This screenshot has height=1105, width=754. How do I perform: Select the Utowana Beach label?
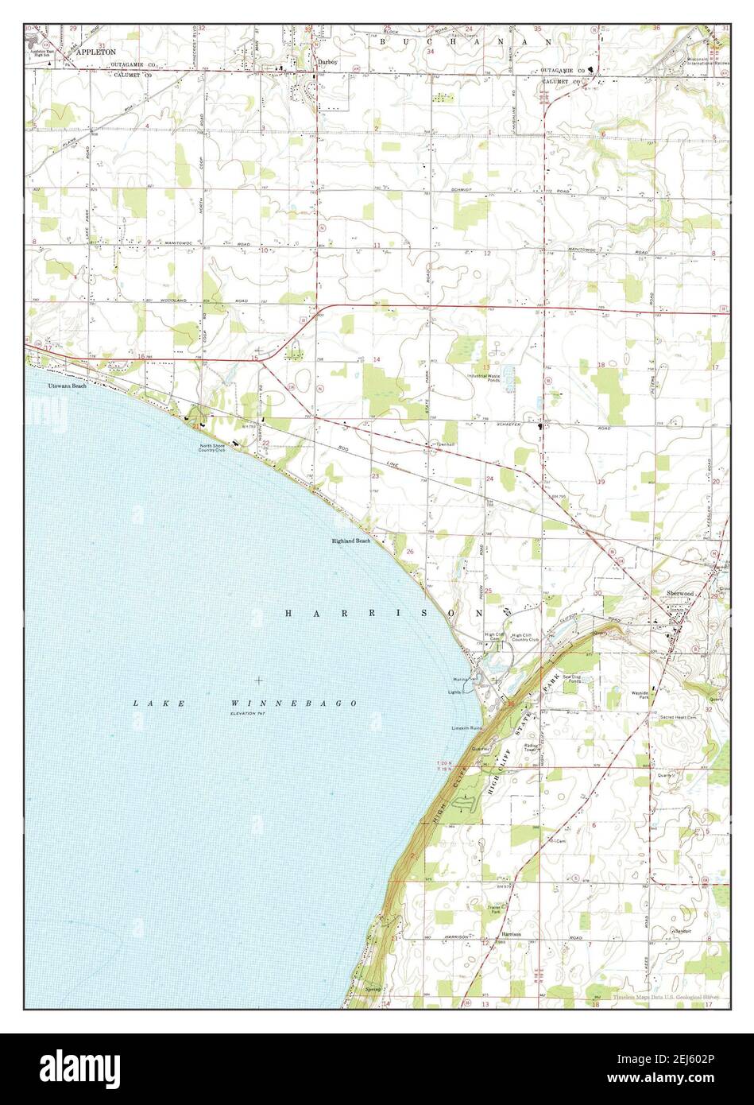point(67,386)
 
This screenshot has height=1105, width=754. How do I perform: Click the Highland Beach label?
point(351,541)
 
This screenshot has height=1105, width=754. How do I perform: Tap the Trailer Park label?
point(498,909)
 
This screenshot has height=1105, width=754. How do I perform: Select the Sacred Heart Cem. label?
point(678,717)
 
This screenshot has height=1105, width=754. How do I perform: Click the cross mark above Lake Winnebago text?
point(259,680)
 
